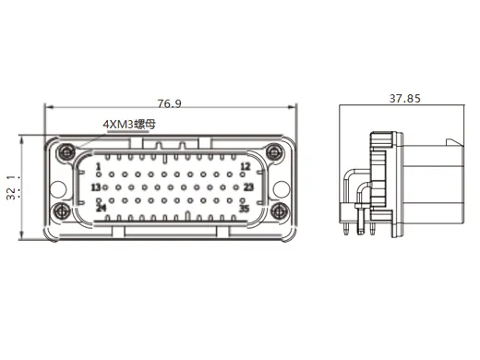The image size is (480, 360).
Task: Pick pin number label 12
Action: pyautogui.click(x=245, y=166)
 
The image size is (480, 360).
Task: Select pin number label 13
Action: pyautogui.click(x=96, y=187)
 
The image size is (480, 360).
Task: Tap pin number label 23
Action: pyautogui.click(x=248, y=187)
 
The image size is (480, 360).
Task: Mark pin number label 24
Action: pyautogui.click(x=102, y=208)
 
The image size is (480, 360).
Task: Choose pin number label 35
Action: pyautogui.click(x=245, y=209)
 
